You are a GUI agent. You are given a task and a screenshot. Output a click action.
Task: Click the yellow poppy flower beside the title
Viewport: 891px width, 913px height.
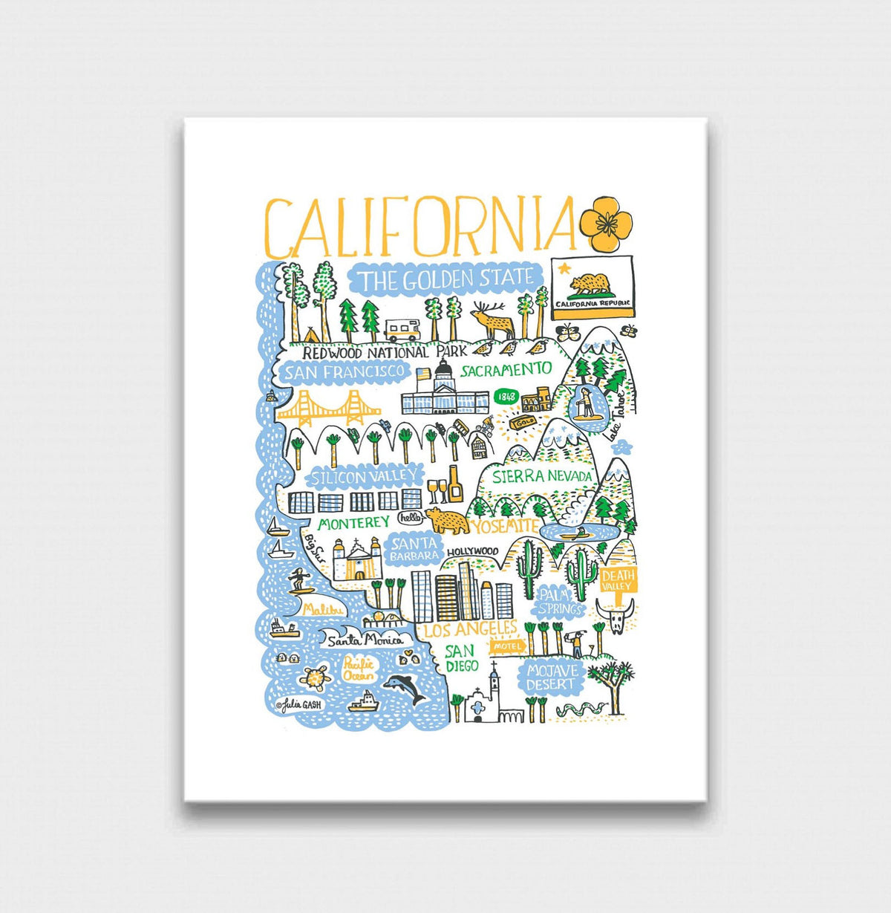(605, 222)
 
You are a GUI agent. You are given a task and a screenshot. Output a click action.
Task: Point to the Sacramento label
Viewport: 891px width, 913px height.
(506, 369)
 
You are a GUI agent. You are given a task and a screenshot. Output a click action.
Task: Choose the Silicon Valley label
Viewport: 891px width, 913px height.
(356, 476)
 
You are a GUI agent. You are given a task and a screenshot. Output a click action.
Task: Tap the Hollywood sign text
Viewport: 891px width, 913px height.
(472, 551)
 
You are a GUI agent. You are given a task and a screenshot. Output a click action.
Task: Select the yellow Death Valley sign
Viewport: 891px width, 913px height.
(618, 580)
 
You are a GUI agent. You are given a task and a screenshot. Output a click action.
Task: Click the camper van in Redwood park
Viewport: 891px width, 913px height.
(402, 329)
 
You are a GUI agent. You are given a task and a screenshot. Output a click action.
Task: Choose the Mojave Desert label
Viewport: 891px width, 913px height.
(551, 677)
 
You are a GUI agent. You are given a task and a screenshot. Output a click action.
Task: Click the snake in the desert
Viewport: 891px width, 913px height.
(575, 709)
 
